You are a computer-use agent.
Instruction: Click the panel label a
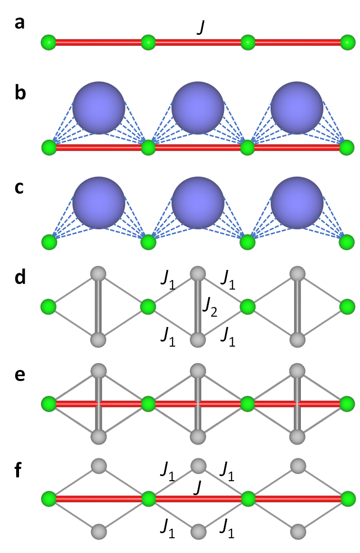(19, 22)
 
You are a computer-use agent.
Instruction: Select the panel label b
(20, 93)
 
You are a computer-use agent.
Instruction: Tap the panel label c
(19, 188)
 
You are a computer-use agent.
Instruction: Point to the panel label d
(20, 278)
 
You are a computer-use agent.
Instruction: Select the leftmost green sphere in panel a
(49, 42)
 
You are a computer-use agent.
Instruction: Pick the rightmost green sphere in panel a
(348, 42)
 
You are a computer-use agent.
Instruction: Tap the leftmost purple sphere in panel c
(98, 204)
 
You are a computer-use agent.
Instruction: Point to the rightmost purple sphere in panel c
(297, 204)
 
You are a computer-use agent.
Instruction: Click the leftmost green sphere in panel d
(49, 307)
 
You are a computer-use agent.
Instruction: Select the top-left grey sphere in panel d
(98, 273)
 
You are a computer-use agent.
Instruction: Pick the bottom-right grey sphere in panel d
(297, 340)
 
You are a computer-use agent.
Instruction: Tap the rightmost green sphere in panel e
(348, 404)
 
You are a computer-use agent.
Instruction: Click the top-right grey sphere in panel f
(297, 465)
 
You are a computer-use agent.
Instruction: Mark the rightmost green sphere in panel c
(348, 242)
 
